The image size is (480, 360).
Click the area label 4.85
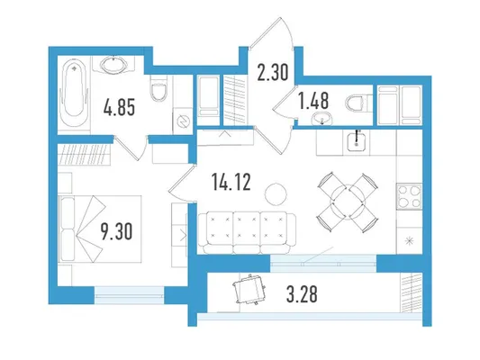pos(119,107)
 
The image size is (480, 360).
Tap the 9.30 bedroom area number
pos(117,231)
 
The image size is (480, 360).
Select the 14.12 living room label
pos(231,182)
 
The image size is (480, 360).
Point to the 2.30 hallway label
pos(273,73)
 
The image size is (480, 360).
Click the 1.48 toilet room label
pos(313,101)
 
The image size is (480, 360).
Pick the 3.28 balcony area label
pos(302,294)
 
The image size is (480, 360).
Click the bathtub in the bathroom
pos(74,91)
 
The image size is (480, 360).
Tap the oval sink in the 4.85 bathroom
pos(113,64)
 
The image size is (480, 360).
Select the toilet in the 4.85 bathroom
pos(158,88)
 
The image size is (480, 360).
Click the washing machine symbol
pos(183,121)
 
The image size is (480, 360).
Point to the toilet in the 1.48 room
pos(357,103)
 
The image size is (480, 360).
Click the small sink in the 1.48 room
pos(322,119)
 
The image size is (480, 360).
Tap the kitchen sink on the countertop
pos(356,141)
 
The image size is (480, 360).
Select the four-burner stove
pos(409,196)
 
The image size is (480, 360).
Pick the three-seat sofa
pos(247,233)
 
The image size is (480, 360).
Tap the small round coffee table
pos(276,193)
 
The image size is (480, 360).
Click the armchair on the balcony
pos(249,289)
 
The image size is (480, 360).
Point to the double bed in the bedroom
pos(100,229)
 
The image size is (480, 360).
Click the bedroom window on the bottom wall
pos(129,294)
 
